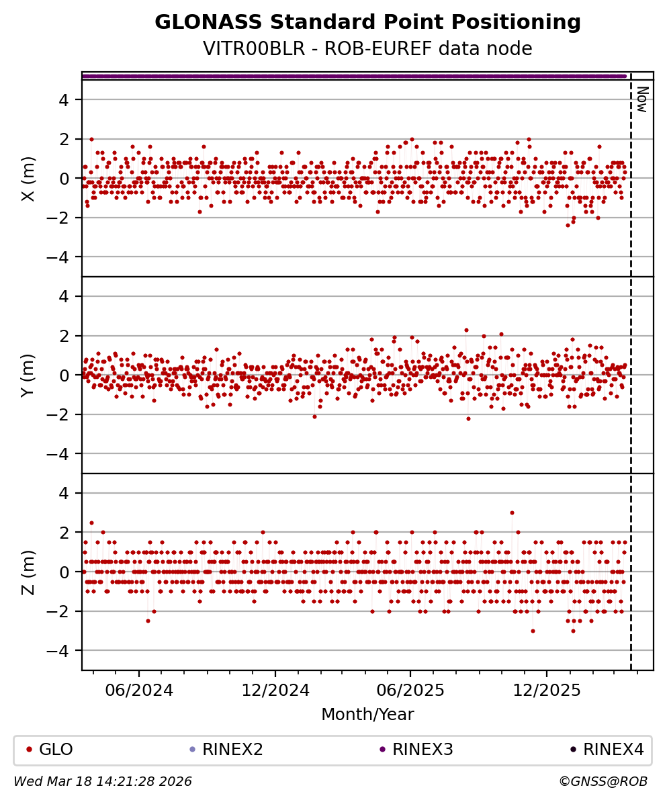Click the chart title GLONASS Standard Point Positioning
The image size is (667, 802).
[367, 23]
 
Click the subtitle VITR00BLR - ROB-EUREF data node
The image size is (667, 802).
[367, 49]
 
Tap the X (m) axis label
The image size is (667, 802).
[28, 179]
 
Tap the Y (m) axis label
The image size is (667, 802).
[28, 375]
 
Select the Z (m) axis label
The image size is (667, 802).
[28, 572]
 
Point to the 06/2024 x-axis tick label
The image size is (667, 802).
[139, 690]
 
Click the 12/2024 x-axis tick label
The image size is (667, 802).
[275, 690]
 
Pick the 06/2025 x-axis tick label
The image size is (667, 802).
[410, 690]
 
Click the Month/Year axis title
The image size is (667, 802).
[367, 715]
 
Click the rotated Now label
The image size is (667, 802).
[642, 99]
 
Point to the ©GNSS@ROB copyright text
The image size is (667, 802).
[603, 782]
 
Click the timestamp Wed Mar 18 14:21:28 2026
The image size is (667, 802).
[103, 782]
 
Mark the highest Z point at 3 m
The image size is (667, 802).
[512, 513]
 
